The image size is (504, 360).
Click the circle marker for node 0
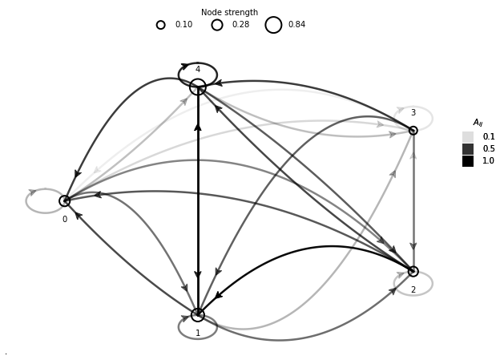click(65, 200)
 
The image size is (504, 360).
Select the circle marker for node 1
click(198, 315)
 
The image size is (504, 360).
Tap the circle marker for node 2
click(413, 271)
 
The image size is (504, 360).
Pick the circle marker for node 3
click(413, 130)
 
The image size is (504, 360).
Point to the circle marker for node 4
click(198, 87)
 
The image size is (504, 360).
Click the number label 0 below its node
click(65, 219)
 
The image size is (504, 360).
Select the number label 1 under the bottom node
click(198, 333)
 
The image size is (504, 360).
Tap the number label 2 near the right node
click(413, 289)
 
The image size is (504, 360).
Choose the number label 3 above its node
click(413, 113)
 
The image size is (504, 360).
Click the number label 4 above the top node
click(198, 70)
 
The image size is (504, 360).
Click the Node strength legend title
click(229, 12)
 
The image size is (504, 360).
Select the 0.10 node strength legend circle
click(161, 25)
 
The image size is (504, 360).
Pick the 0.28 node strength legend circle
click(217, 25)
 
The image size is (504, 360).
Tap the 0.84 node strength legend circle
click(273, 25)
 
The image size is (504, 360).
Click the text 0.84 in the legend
click(296, 25)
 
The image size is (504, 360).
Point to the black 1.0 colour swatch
click(468, 161)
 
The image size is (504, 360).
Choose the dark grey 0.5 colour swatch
click(468, 149)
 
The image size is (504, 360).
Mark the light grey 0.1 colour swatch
click(468, 137)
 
